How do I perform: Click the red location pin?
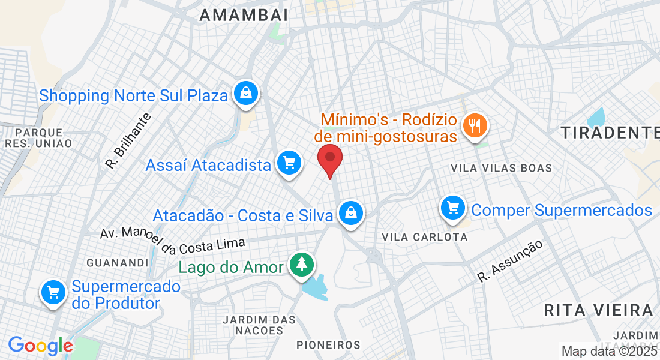(x=329, y=158)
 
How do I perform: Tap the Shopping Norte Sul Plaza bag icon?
(x=246, y=93)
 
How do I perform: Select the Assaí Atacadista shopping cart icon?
(x=289, y=163)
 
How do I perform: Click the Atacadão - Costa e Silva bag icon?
(x=350, y=212)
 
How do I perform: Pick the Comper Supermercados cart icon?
(x=453, y=208)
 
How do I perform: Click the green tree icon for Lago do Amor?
(x=301, y=265)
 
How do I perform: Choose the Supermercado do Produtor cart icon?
(x=53, y=293)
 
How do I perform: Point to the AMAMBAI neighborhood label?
(x=244, y=16)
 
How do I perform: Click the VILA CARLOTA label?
(x=424, y=237)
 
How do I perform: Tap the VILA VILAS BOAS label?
(x=501, y=168)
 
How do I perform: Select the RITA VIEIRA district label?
(x=598, y=310)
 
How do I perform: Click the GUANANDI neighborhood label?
(x=117, y=263)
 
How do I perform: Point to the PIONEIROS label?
(x=329, y=345)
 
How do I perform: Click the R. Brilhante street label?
(x=128, y=140)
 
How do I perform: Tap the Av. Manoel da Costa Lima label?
(x=173, y=238)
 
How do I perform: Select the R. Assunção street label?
(x=511, y=260)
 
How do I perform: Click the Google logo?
(x=40, y=346)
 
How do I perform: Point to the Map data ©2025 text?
(x=609, y=351)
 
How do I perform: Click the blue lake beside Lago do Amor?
(x=316, y=286)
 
